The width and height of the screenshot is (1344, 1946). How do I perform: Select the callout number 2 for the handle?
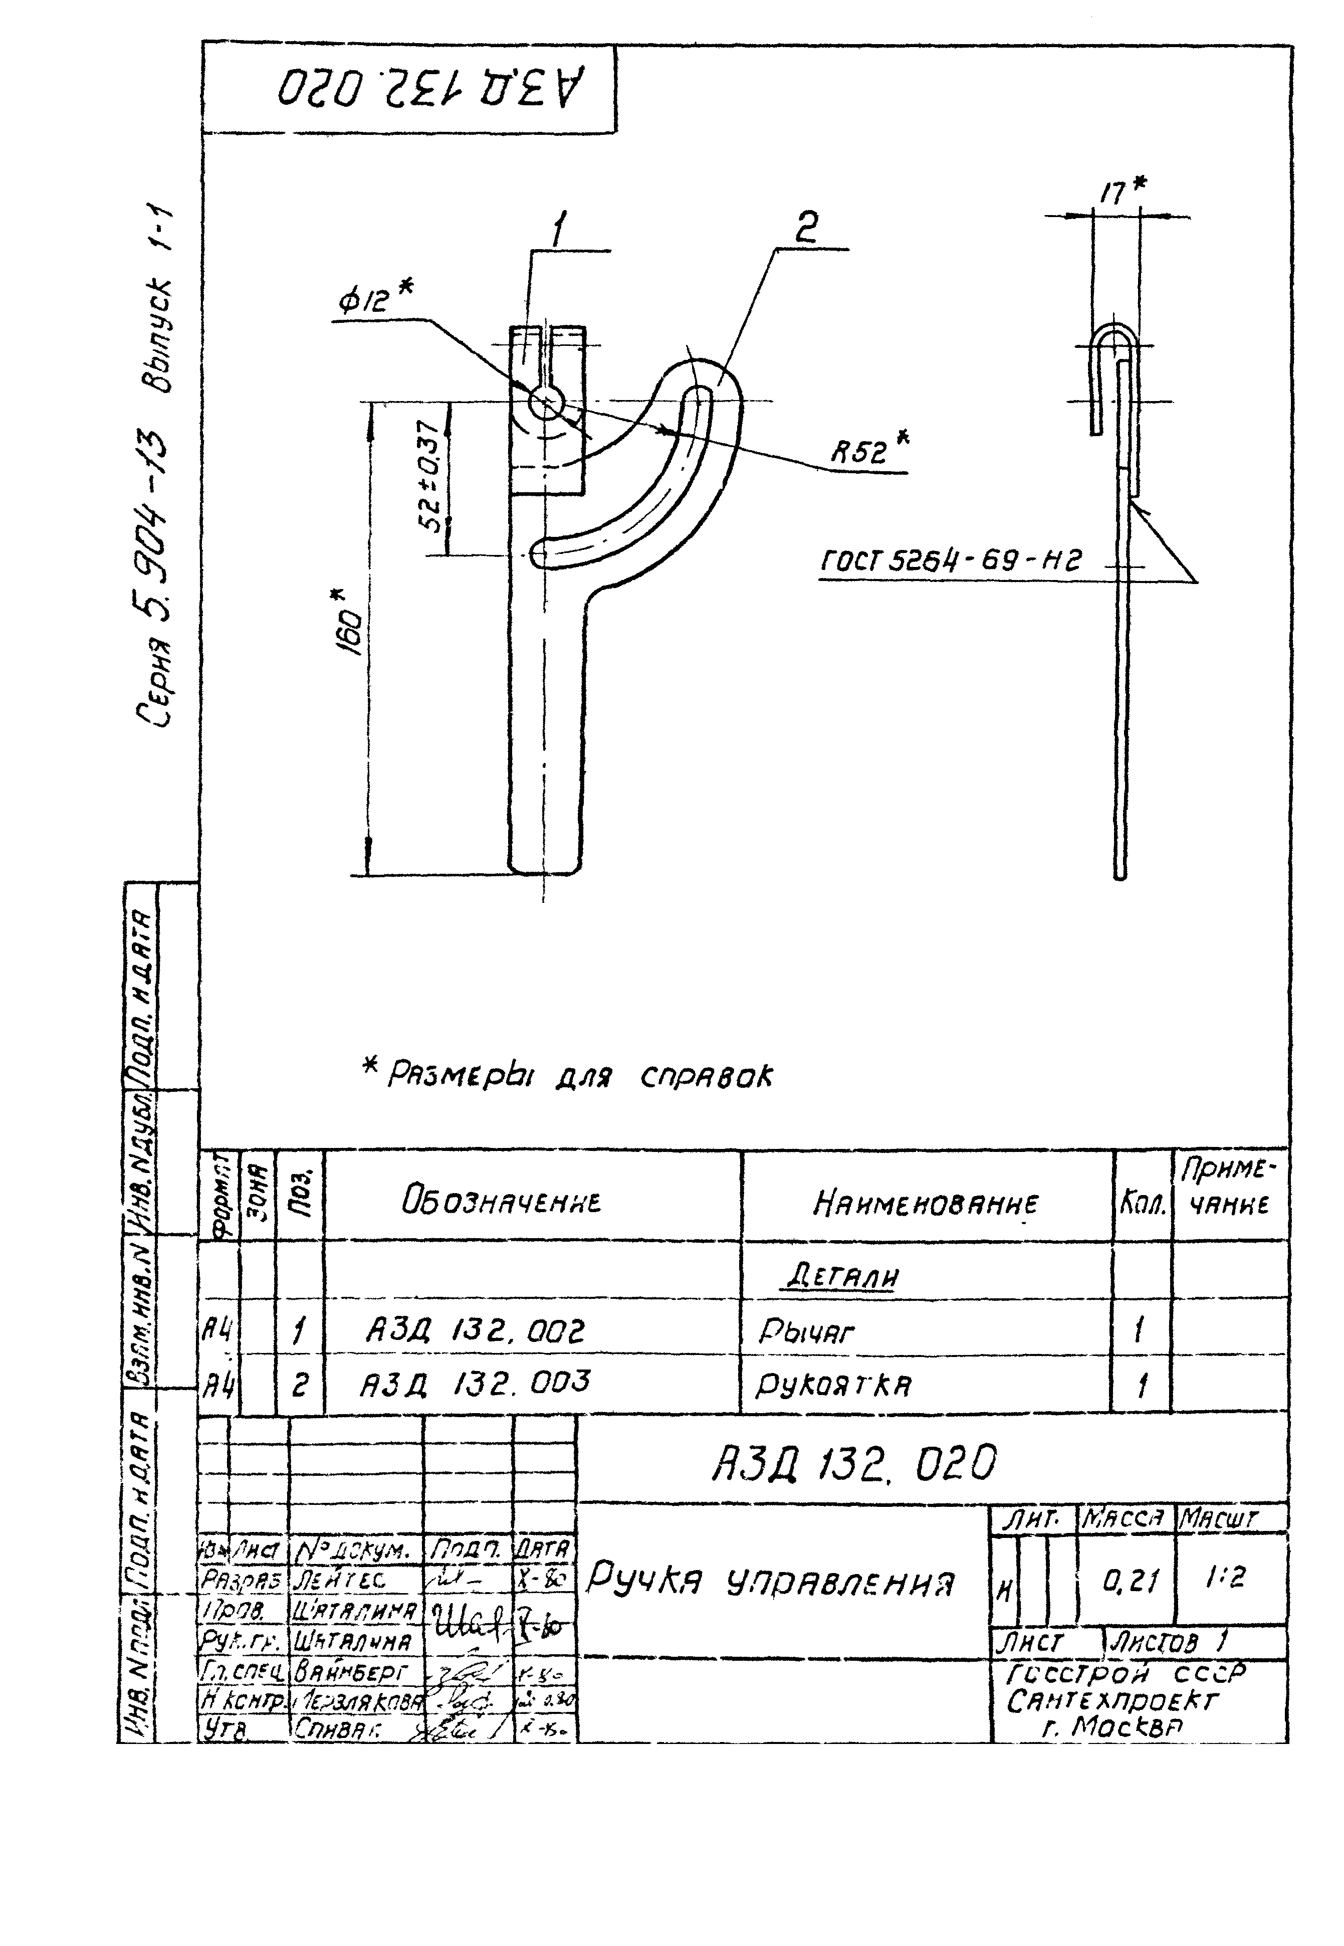[x=806, y=228]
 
